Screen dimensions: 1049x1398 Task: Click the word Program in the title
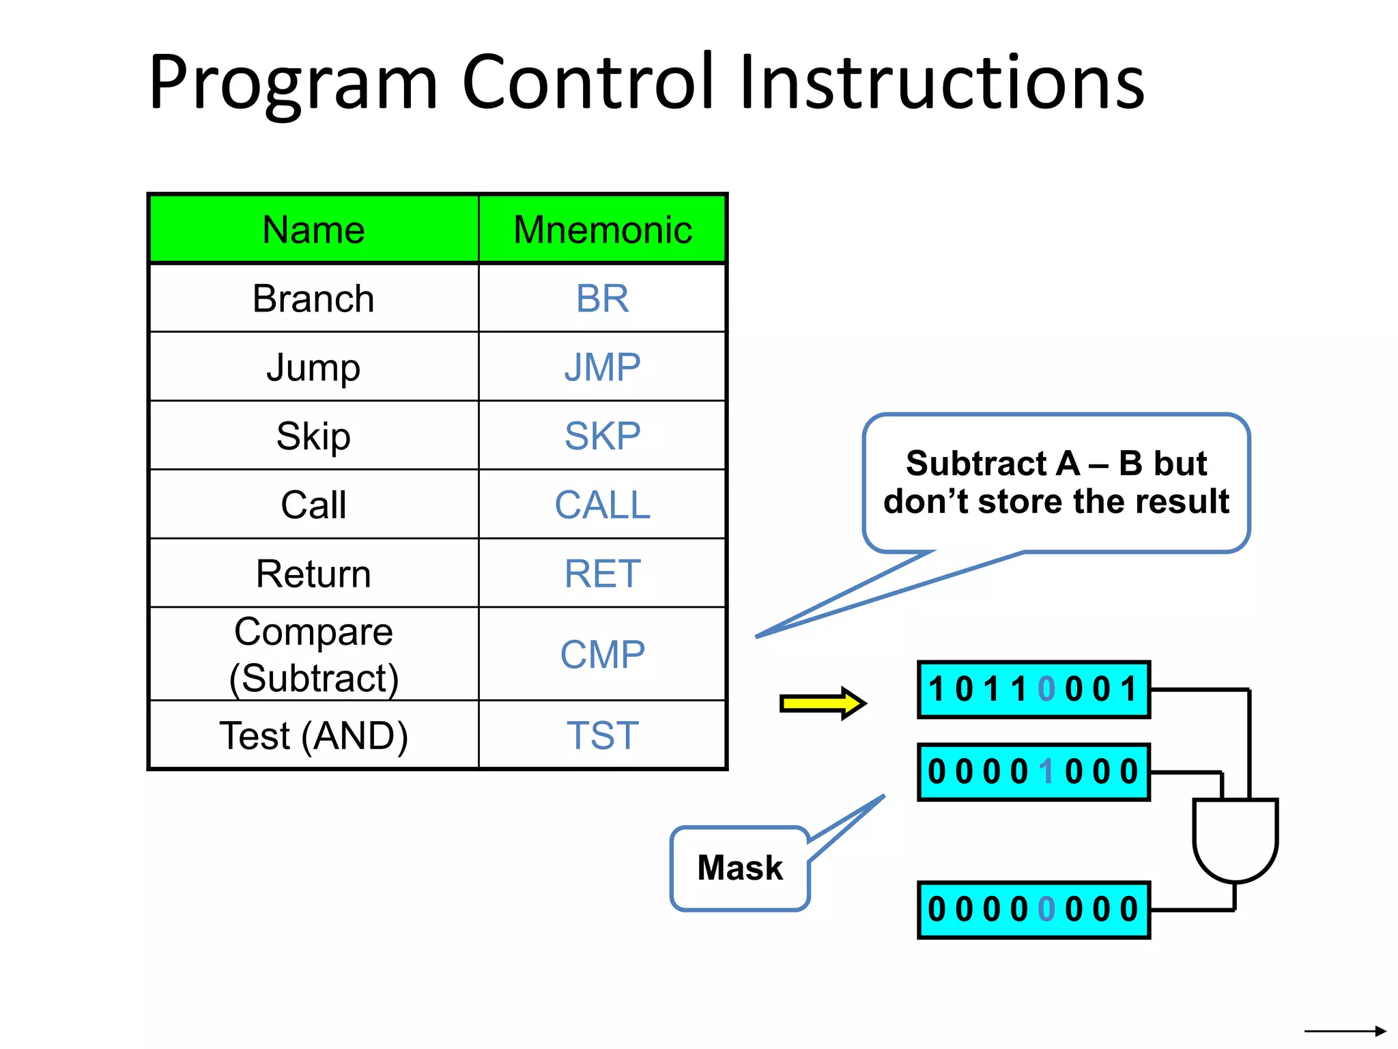tap(294, 83)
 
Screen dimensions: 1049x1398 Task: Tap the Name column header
tap(313, 229)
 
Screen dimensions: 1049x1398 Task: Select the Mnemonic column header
tap(603, 229)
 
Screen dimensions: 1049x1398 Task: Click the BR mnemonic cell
tap(602, 298)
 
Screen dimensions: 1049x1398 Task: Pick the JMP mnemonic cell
tap(602, 367)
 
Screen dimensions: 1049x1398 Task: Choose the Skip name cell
tap(313, 436)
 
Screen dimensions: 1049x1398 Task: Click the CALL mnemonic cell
tap(602, 505)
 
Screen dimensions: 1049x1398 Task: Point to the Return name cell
tap(313, 573)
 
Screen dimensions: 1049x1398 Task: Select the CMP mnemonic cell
tap(602, 654)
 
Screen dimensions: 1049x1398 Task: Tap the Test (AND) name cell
tap(313, 736)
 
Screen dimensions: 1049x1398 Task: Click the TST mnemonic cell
tap(602, 736)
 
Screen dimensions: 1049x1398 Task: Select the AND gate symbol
tap(1235, 839)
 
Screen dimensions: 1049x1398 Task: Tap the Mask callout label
tap(740, 868)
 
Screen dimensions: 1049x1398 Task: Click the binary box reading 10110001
tap(1033, 689)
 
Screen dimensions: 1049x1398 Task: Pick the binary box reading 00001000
tap(1033, 772)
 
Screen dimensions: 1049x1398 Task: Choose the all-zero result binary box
tap(1033, 910)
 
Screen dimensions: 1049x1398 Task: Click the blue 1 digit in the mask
tap(1046, 772)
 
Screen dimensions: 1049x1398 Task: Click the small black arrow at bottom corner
tap(1345, 1031)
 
